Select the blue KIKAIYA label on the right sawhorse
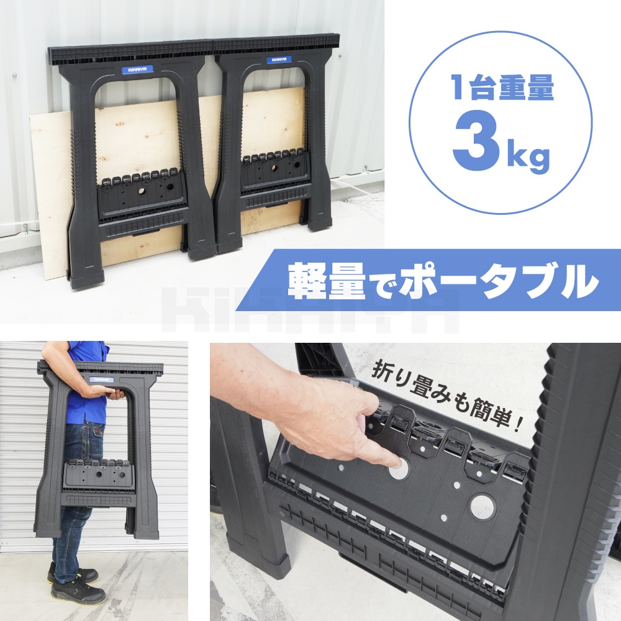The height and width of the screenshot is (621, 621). point(279,60)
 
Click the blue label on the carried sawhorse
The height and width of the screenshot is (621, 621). point(101,379)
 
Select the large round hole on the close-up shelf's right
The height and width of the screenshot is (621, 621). point(483,507)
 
